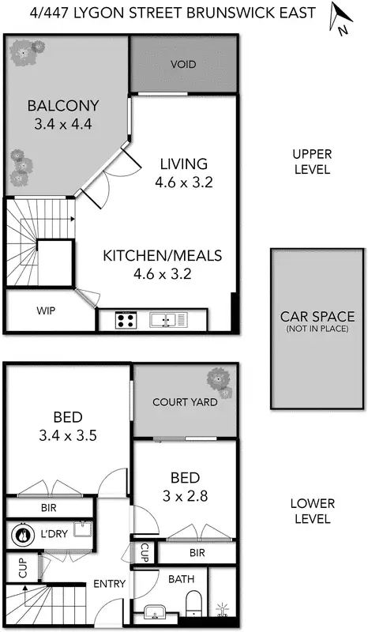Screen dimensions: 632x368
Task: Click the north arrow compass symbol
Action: pyautogui.click(x=340, y=19)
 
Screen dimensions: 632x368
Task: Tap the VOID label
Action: pyautogui.click(x=183, y=64)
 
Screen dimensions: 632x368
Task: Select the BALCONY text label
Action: pyautogui.click(x=51, y=106)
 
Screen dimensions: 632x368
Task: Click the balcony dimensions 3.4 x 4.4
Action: pyautogui.click(x=51, y=123)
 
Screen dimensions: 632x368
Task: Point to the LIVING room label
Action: pyautogui.click(x=183, y=164)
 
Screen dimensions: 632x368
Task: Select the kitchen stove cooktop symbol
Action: pyautogui.click(x=125, y=320)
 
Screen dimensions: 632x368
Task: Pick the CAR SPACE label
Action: pyautogui.click(x=317, y=316)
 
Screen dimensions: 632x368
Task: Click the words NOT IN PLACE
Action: pyautogui.click(x=317, y=329)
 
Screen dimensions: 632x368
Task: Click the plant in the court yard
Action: pyautogui.click(x=220, y=382)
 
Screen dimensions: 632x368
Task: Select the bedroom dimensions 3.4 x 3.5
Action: pyautogui.click(x=69, y=434)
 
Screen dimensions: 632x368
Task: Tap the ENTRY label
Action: pyautogui.click(x=109, y=584)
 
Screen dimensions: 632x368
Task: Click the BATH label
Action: pyautogui.click(x=181, y=579)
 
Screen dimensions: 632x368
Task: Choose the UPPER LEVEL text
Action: pyautogui.click(x=312, y=161)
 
